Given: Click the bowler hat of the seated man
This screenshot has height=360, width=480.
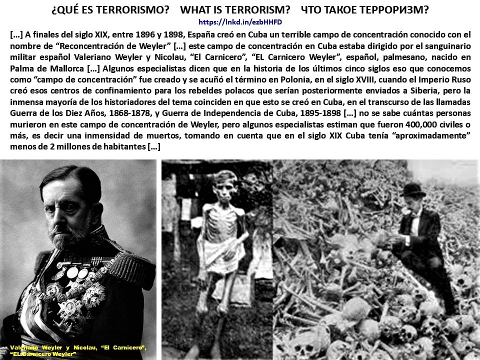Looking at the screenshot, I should tap(413, 189).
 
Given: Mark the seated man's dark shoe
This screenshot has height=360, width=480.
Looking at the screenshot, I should tap(450, 304).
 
